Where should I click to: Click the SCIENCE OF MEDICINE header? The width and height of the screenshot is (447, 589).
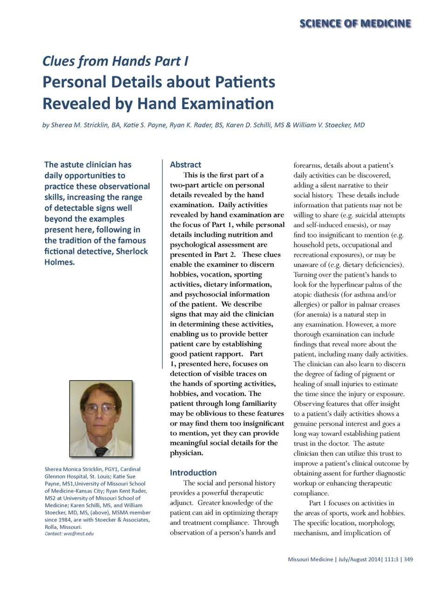pos(355,23)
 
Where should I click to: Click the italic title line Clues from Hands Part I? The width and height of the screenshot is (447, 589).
pos(115,61)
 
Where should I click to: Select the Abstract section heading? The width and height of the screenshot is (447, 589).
pos(185,164)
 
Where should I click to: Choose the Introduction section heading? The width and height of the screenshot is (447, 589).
pos(193,473)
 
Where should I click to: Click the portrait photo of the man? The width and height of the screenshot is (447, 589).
pos(101,418)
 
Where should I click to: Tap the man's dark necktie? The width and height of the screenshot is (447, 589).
pos(101,451)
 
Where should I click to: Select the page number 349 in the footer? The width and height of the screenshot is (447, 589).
pos(408,559)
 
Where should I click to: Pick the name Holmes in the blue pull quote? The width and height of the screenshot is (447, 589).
pos(59,262)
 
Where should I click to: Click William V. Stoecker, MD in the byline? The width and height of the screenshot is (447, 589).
pos(329,125)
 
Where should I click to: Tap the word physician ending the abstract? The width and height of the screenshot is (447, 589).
pos(186,453)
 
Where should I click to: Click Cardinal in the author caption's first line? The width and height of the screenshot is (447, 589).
pos(130,469)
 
